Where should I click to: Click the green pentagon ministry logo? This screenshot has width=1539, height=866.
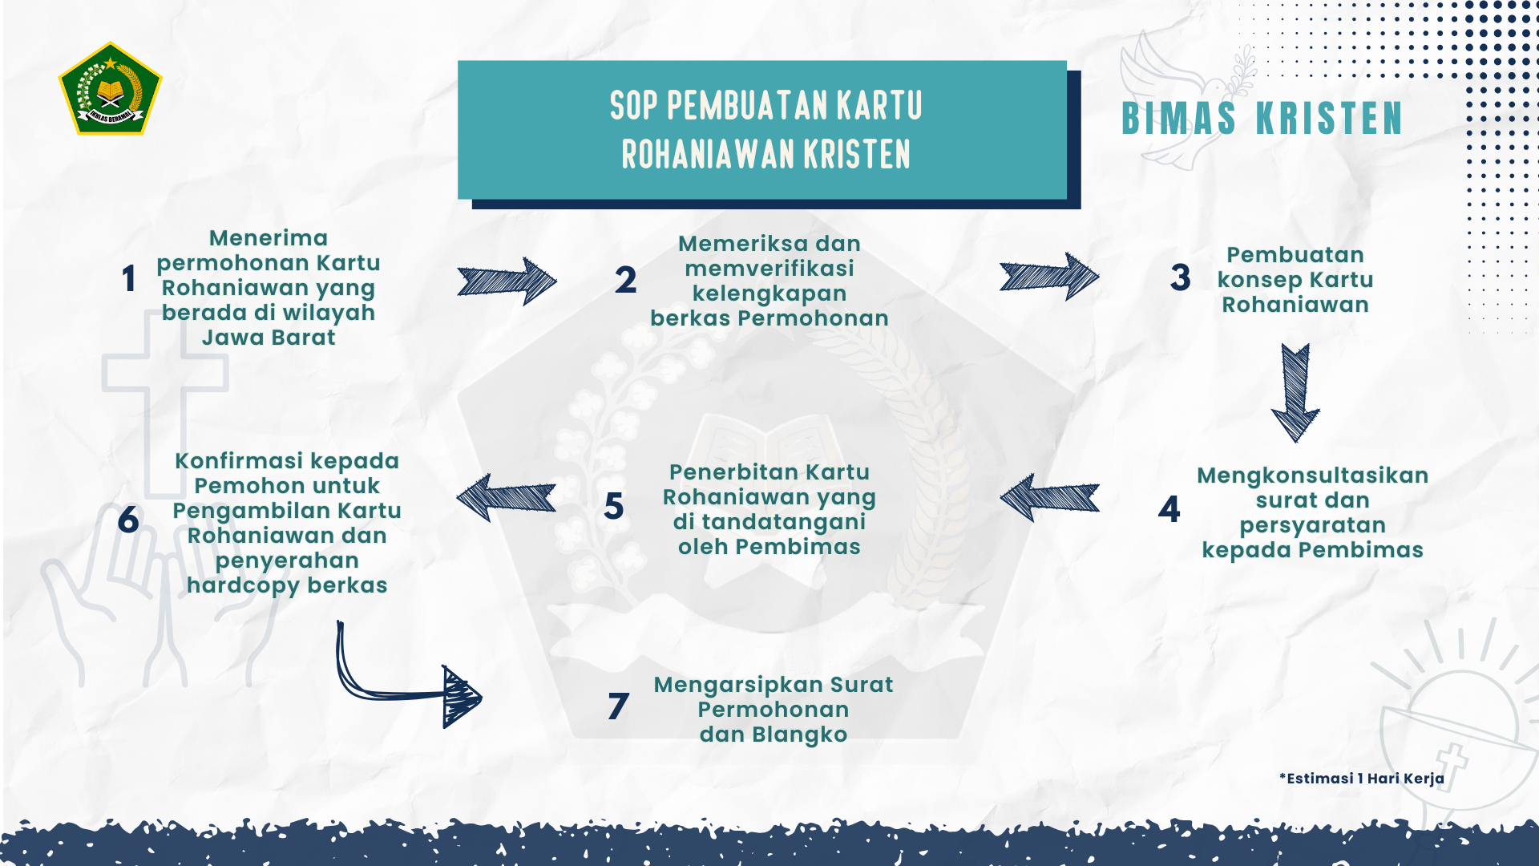[x=110, y=89]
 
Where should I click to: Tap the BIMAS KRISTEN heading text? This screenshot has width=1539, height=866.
[x=1262, y=119]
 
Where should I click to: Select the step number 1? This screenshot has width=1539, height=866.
[x=128, y=279]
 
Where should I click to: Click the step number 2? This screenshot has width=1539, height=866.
[x=625, y=280]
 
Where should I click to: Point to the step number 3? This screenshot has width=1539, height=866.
[x=1180, y=277]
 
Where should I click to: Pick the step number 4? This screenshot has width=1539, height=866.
[x=1169, y=509]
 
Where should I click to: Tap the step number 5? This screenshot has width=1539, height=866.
[x=614, y=507]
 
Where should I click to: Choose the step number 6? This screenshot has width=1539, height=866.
[x=128, y=520]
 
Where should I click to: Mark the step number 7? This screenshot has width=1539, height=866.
[x=618, y=706]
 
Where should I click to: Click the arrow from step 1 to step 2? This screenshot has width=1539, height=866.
[x=507, y=281]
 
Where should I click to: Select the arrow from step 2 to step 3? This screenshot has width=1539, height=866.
[x=1049, y=277]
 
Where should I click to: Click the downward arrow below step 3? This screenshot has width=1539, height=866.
[x=1295, y=393]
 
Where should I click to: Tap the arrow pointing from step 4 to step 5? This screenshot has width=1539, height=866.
[x=1049, y=498]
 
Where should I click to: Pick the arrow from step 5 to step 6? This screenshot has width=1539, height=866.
[x=506, y=498]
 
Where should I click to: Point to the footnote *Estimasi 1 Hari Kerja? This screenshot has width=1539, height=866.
[x=1362, y=779]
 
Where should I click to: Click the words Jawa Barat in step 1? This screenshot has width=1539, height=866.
[x=269, y=338]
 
